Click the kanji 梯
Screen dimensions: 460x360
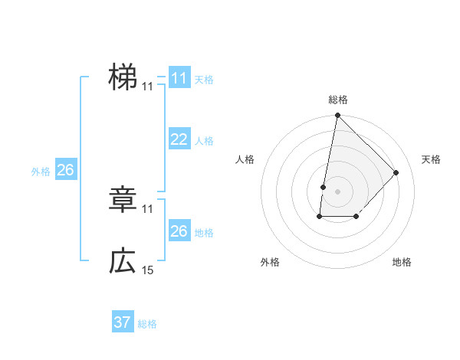[x=123, y=77]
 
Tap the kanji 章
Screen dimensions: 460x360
[x=123, y=201]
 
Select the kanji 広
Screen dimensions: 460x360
[x=123, y=261]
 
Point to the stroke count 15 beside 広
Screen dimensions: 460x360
[x=148, y=270]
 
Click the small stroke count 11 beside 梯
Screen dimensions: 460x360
[x=148, y=87]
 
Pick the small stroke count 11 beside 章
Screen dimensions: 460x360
[x=148, y=208]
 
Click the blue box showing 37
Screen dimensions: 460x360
[x=123, y=322]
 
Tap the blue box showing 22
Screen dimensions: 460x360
[x=179, y=139]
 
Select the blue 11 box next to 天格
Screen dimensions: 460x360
[x=179, y=78]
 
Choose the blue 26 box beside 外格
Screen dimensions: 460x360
[x=65, y=170]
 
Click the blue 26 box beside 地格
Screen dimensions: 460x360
[x=179, y=231]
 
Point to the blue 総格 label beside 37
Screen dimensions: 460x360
[x=147, y=324]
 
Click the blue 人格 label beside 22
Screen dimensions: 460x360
[x=204, y=141]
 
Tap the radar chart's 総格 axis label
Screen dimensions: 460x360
[x=338, y=100]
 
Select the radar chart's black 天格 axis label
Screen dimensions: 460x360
[x=431, y=159]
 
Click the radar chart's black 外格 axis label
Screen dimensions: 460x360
[x=270, y=262]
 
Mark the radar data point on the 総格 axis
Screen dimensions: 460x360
[x=338, y=116]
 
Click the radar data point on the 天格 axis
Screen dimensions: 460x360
[x=396, y=172]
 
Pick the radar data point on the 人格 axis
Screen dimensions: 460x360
[x=324, y=187]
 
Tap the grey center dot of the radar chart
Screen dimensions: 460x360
[x=338, y=191]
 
